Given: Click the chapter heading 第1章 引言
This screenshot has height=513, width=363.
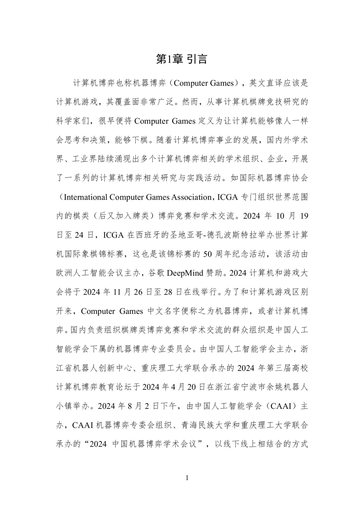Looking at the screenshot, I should [182, 59].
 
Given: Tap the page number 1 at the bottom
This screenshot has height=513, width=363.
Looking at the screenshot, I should [187, 478].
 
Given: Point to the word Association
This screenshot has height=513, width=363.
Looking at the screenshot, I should [191, 197].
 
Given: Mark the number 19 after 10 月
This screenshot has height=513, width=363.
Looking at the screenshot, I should [304, 216].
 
